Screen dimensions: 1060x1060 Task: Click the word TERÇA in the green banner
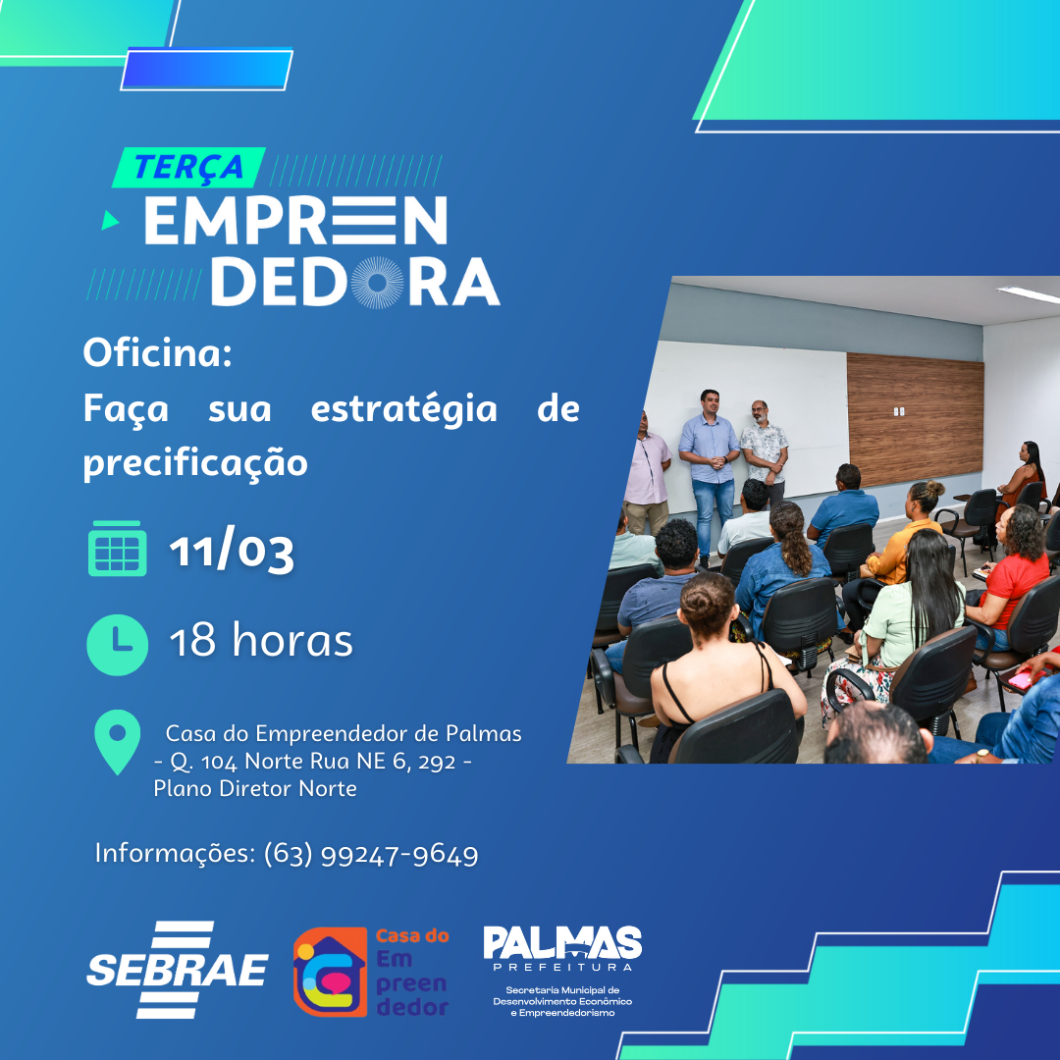188,167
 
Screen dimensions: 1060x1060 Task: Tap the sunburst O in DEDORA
377,282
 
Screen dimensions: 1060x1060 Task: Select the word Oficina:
157,353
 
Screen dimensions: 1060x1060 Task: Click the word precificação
195,462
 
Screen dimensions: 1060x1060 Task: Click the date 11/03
232,551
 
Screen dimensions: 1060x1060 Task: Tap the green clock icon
117,643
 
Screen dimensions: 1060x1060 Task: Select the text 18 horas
261,642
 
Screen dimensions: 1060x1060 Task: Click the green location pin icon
117,742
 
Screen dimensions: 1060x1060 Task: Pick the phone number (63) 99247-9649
371,855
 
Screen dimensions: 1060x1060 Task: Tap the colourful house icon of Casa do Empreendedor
330,972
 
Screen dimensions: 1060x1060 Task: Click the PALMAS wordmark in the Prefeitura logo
562,944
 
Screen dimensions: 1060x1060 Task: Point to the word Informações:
175,854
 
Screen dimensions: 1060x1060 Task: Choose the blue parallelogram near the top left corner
207,69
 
